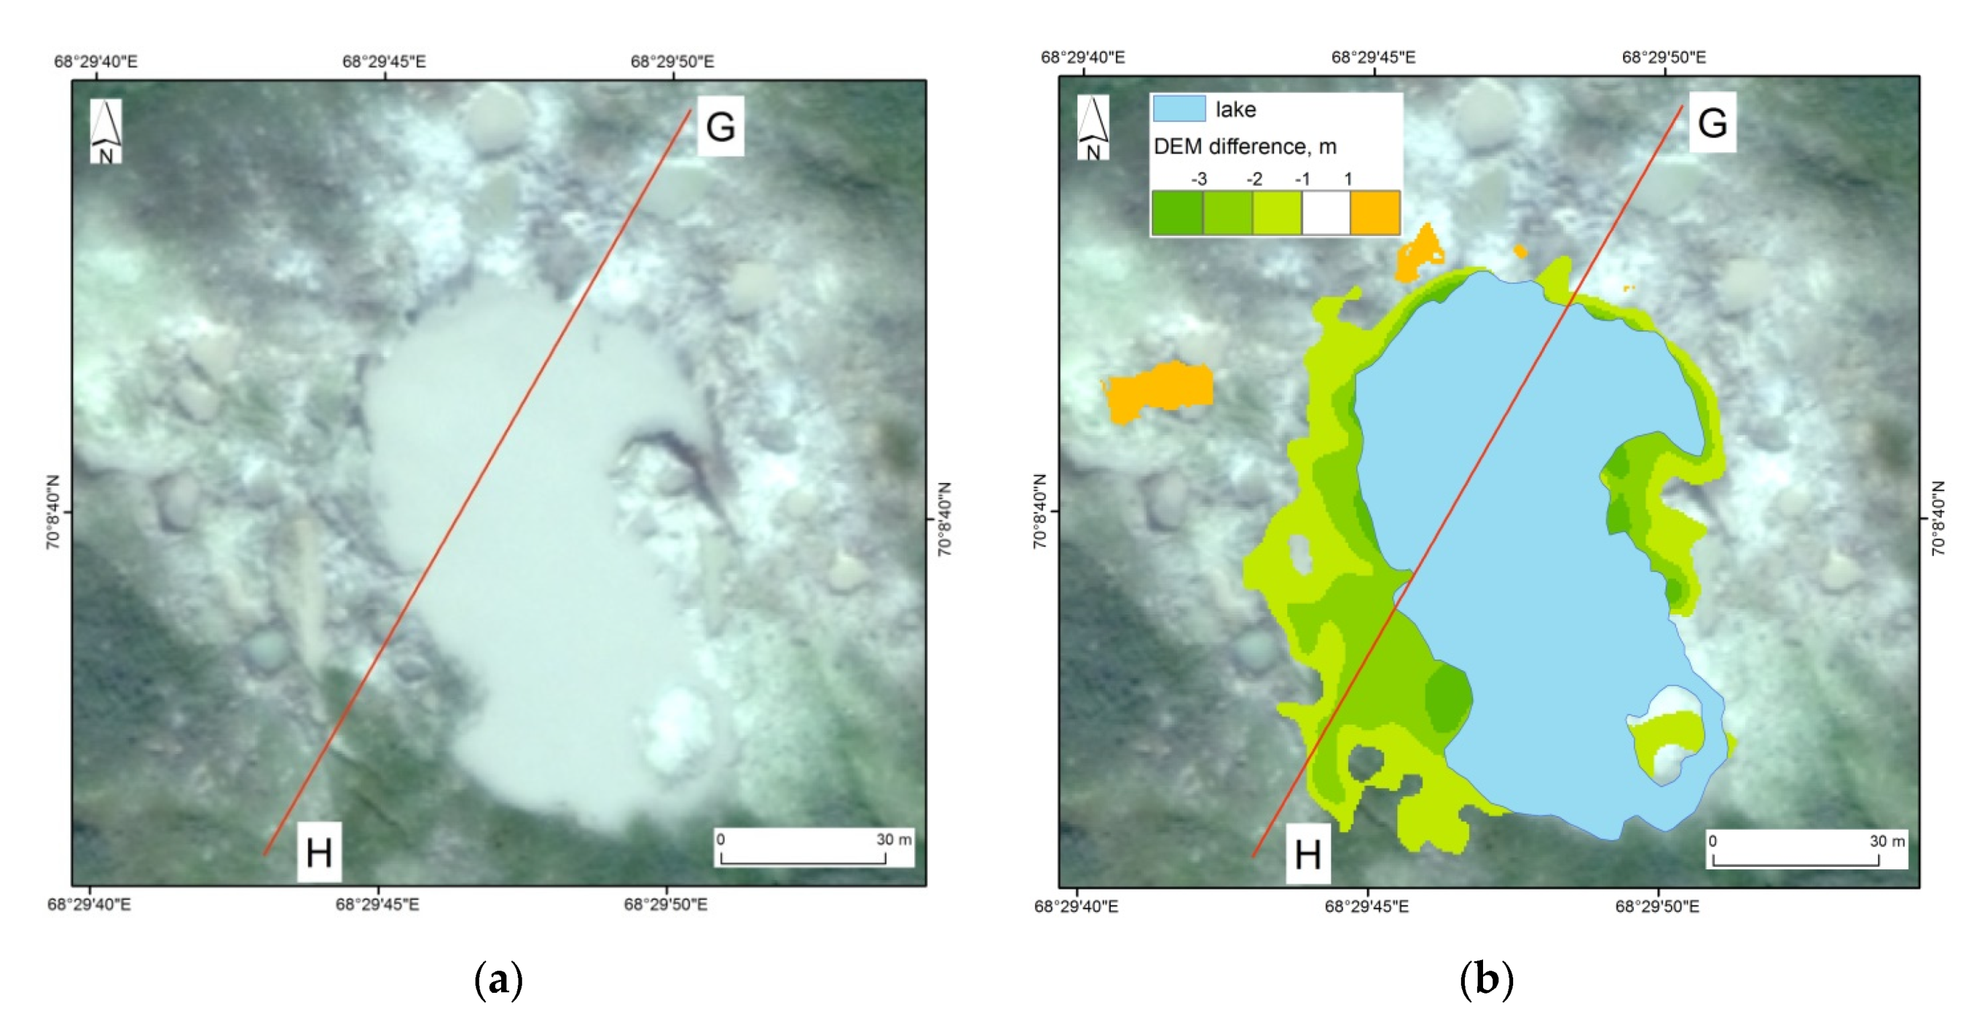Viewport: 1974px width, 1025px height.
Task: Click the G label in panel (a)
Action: pyautogui.click(x=720, y=127)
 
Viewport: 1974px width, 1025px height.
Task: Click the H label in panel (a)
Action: pyautogui.click(x=319, y=853)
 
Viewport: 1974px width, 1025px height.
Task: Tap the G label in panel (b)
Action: pyautogui.click(x=1712, y=123)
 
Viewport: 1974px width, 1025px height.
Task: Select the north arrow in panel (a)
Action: pyautogui.click(x=106, y=131)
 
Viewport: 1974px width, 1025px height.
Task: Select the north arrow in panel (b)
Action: pyautogui.click(x=1093, y=127)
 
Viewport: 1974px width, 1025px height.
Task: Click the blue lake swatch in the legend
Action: pyautogui.click(x=1178, y=109)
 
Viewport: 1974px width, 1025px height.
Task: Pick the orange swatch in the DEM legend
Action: pyautogui.click(x=1375, y=213)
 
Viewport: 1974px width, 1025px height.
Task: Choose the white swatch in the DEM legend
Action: pyautogui.click(x=1325, y=213)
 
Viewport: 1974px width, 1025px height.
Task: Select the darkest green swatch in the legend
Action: pyautogui.click(x=1177, y=213)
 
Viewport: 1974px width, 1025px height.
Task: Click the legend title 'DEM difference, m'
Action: pyautogui.click(x=1244, y=146)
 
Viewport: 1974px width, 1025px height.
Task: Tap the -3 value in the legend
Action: pyautogui.click(x=1199, y=178)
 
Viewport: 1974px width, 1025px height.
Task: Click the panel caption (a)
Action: pyautogui.click(x=499, y=980)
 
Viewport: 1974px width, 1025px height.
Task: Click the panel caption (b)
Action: pyautogui.click(x=1486, y=980)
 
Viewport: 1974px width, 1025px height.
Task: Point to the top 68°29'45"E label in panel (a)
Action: pyautogui.click(x=384, y=61)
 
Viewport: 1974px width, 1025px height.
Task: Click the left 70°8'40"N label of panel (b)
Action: pyautogui.click(x=1040, y=511)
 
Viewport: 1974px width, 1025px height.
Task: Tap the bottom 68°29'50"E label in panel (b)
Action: pyautogui.click(x=1657, y=906)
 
